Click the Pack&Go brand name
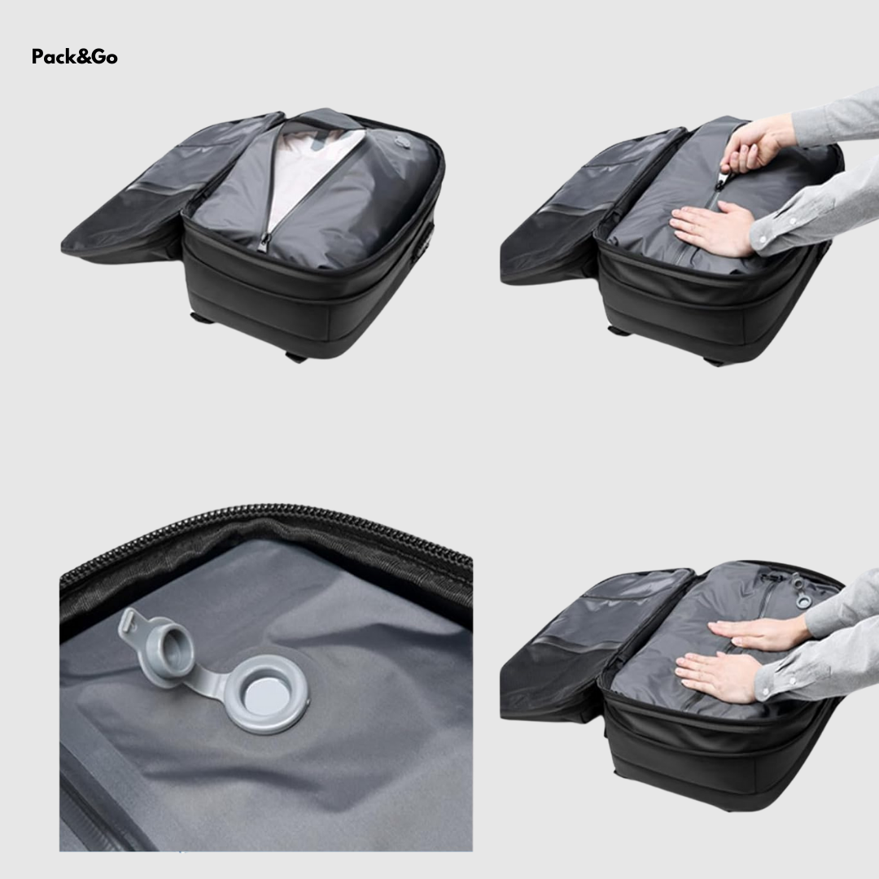coord(75,57)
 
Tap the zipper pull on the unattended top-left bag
coord(264,242)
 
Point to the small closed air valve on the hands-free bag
coord(402,142)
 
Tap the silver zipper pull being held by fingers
coord(727,178)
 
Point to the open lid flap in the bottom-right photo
coord(594,645)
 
